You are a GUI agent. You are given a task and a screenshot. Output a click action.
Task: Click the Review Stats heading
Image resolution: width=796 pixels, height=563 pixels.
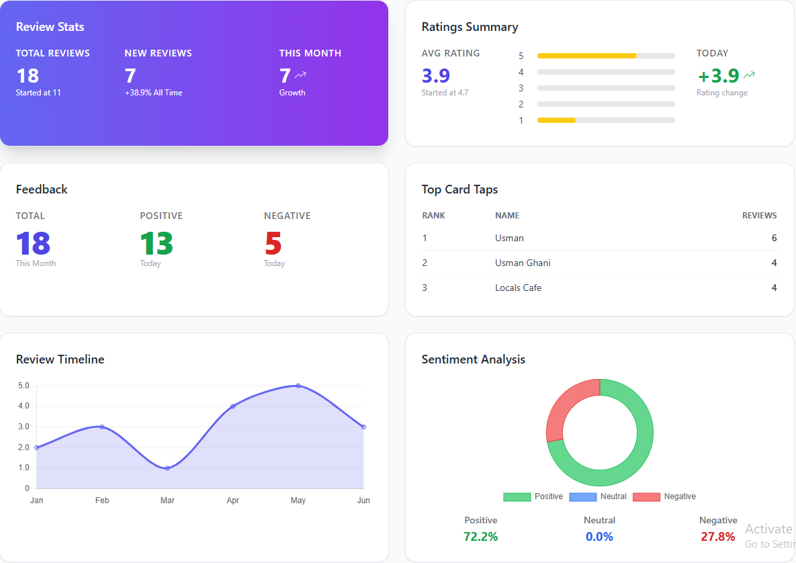(50, 28)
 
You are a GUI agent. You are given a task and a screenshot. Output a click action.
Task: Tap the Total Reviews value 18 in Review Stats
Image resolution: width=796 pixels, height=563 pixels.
(28, 75)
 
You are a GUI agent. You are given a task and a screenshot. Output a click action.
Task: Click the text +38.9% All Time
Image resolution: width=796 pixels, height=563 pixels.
(153, 93)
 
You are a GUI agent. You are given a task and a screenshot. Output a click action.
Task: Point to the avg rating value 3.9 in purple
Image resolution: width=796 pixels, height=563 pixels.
(436, 76)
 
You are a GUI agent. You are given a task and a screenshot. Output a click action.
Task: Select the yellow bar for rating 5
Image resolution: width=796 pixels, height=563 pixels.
(586, 56)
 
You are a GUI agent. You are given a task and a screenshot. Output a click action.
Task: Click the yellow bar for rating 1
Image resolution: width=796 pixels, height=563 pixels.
(556, 120)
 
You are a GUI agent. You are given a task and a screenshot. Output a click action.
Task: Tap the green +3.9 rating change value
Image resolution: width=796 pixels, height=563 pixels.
(719, 76)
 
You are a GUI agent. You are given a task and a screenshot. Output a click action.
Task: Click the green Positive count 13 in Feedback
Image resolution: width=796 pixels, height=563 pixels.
(157, 244)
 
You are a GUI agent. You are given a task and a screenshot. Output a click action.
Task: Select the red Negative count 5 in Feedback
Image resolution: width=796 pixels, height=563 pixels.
(273, 244)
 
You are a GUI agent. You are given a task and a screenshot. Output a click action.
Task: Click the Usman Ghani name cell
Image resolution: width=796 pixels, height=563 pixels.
(523, 263)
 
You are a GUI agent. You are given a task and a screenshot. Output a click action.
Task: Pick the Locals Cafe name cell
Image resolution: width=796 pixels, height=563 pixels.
(518, 288)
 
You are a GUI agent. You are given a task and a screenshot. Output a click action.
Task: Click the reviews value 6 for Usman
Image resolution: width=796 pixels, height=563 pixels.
(774, 238)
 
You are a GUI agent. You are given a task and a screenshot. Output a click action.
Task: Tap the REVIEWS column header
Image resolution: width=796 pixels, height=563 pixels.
(759, 216)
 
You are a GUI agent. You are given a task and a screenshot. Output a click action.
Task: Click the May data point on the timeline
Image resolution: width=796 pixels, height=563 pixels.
(298, 386)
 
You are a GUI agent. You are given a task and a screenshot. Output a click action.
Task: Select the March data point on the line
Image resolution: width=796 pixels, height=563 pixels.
(167, 468)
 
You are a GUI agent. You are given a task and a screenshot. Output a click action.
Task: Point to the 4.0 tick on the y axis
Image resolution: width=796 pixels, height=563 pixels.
(24, 406)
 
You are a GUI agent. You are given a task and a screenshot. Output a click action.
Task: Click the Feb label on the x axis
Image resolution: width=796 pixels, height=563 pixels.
(102, 501)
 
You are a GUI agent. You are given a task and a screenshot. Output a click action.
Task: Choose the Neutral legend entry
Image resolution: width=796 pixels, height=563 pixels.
(598, 496)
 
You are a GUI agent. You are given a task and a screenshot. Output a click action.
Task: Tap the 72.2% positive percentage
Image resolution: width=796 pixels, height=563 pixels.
(480, 537)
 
